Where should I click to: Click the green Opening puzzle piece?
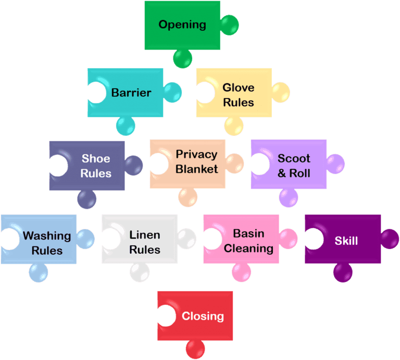[x=182, y=25]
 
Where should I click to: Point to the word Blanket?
[x=197, y=169]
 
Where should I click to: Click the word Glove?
[x=238, y=88]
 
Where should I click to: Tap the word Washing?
[x=47, y=235]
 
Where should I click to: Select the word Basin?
[x=248, y=233]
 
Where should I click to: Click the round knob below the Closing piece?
[x=195, y=349]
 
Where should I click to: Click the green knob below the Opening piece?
[x=183, y=59]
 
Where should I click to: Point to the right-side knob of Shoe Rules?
[x=133, y=165]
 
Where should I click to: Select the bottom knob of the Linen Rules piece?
[x=140, y=272]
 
